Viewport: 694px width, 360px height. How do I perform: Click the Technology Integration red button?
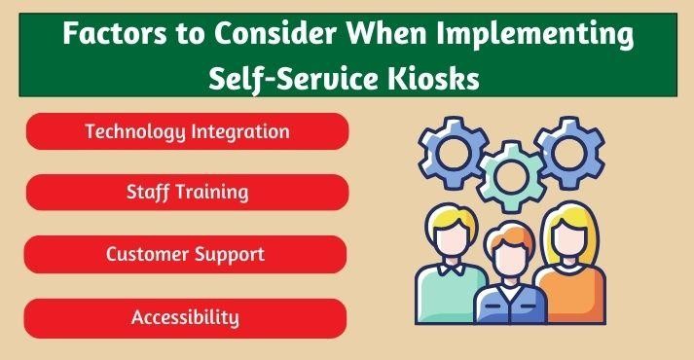(x=187, y=130)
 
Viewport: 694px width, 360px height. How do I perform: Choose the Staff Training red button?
(x=187, y=192)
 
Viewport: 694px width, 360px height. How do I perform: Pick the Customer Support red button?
(x=187, y=254)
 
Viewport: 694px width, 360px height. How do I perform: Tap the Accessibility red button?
(x=187, y=317)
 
